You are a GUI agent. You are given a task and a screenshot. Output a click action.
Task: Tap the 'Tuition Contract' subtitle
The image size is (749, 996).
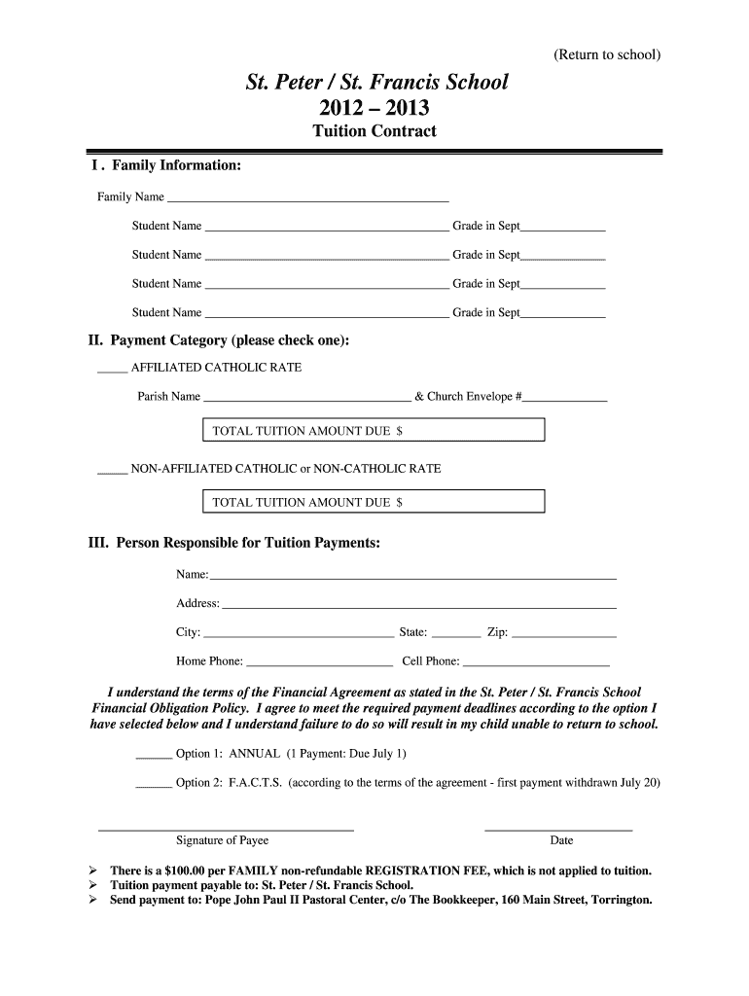pyautogui.click(x=374, y=131)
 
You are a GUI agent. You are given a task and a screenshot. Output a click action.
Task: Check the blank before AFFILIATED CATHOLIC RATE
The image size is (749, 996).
pyautogui.click(x=112, y=370)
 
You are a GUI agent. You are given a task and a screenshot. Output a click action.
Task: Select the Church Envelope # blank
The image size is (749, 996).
pyautogui.click(x=565, y=399)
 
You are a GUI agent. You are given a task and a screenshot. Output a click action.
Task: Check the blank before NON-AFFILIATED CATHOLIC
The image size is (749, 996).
pyautogui.click(x=112, y=471)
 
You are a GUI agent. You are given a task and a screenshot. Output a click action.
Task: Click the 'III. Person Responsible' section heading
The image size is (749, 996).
pyautogui.click(x=234, y=543)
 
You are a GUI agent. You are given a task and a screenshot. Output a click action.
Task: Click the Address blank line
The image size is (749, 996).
pyautogui.click(x=419, y=606)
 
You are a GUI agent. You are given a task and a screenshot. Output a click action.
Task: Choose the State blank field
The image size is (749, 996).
pyautogui.click(x=455, y=635)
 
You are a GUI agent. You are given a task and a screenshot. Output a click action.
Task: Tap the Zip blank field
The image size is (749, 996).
pyautogui.click(x=564, y=635)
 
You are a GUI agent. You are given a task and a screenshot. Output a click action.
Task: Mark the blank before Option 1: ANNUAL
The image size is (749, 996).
pyautogui.click(x=154, y=756)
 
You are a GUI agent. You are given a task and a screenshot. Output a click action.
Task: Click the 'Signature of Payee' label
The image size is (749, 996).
pyautogui.click(x=222, y=840)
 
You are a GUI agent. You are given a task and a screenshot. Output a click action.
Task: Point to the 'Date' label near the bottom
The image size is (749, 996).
pyautogui.click(x=561, y=840)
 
